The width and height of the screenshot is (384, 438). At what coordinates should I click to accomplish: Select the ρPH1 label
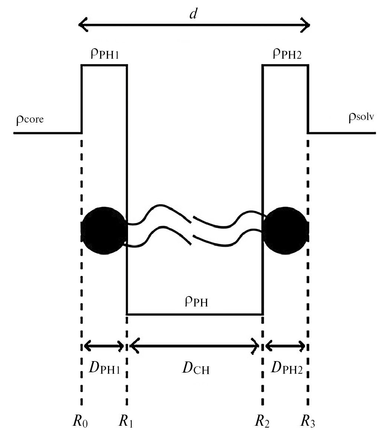coord(104,56)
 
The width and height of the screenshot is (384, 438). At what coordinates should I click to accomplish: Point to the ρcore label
coord(30,120)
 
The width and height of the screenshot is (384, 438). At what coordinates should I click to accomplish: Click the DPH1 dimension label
coord(104,368)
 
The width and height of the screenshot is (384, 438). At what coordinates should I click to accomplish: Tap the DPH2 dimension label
coord(286,368)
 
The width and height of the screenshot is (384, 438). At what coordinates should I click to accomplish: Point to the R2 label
coord(262,421)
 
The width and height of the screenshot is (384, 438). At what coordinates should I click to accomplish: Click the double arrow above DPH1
coord(104,347)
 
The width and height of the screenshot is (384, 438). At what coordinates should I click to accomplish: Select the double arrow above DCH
coord(194,346)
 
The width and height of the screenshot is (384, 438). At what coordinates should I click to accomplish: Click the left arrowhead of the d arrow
coord(83,25)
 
